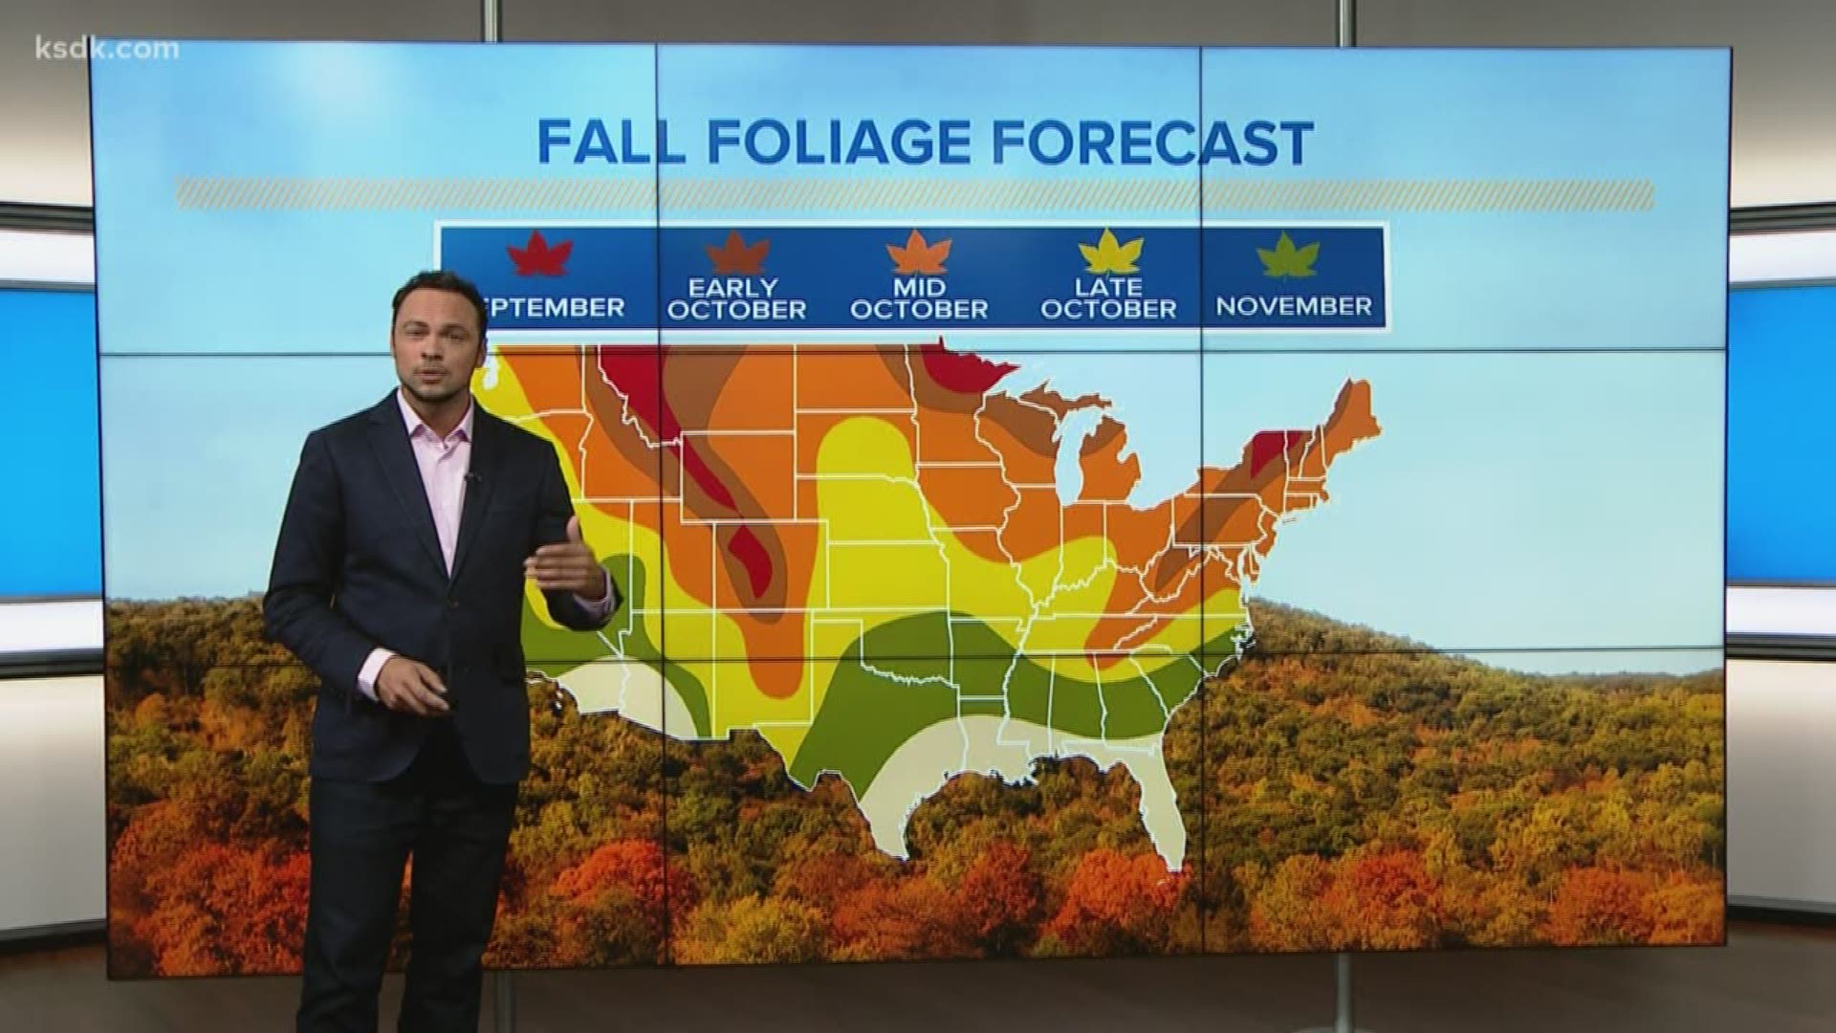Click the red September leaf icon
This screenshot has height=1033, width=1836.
[540, 255]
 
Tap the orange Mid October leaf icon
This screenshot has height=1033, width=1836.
[918, 253]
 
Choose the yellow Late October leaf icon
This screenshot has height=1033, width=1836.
[1110, 253]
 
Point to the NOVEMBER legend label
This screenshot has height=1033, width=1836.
[1294, 306]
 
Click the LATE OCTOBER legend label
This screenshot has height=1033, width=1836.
[1109, 298]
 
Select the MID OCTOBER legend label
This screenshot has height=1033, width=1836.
[919, 298]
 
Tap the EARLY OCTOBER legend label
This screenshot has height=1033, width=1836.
[737, 298]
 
